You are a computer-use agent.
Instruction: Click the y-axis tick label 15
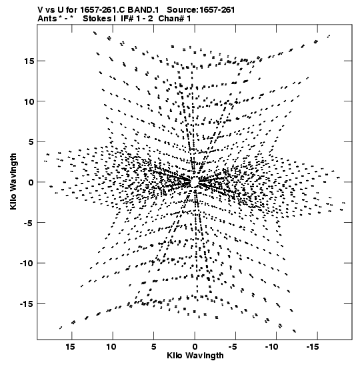point(29,61)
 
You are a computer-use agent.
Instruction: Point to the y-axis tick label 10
point(29,101)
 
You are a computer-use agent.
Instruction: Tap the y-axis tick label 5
point(31,142)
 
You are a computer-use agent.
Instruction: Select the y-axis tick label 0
point(31,182)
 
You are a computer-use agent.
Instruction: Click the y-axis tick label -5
point(29,223)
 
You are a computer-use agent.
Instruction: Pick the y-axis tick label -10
point(27,264)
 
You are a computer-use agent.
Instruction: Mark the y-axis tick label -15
point(27,304)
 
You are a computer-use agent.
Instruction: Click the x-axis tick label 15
point(71,347)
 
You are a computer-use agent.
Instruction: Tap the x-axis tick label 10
point(111,347)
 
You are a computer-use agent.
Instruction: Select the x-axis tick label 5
point(153,347)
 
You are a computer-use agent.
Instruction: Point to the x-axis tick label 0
point(195,347)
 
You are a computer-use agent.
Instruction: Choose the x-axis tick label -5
point(233,347)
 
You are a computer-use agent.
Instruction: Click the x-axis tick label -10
point(272,347)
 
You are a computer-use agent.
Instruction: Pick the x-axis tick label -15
point(313,347)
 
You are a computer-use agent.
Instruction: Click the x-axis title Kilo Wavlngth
point(195,356)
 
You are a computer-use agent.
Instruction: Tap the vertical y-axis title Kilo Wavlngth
point(13,181)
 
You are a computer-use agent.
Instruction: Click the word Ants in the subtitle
point(47,19)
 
